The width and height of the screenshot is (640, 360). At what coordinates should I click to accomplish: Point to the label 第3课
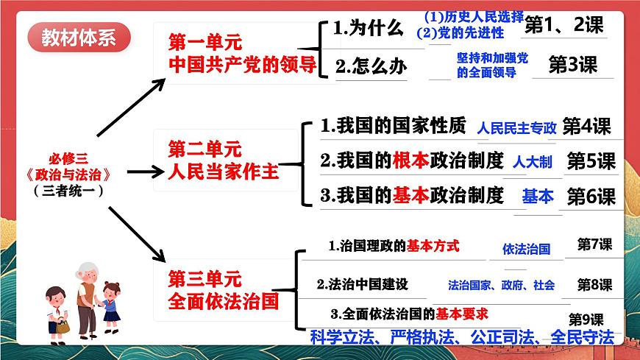[x=573, y=65]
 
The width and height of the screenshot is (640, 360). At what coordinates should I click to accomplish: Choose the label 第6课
[x=590, y=197]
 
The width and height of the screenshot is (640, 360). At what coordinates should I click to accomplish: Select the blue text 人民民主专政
[x=516, y=128]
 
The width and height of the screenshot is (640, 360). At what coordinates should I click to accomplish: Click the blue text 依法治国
[x=526, y=249]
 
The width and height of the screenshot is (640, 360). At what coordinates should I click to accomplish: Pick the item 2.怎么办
[x=370, y=66]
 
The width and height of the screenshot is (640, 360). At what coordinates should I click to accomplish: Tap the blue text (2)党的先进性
[x=460, y=32]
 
